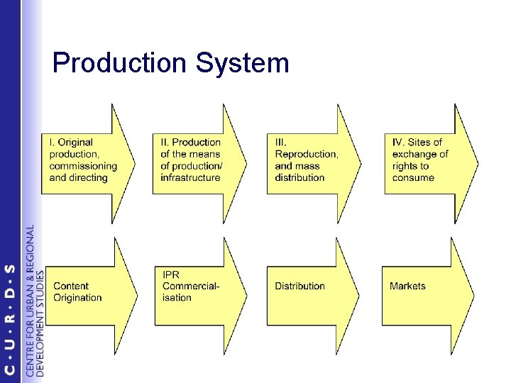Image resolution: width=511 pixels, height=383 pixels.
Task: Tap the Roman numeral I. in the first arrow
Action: click(x=52, y=143)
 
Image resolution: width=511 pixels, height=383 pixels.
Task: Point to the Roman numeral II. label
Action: click(x=165, y=143)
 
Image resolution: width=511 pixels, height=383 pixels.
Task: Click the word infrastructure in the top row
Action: click(x=191, y=177)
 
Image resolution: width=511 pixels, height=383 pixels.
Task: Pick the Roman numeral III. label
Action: click(x=281, y=143)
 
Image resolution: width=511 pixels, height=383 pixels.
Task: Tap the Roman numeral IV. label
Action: click(x=400, y=143)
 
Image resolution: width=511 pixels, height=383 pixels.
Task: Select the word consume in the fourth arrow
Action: click(x=413, y=177)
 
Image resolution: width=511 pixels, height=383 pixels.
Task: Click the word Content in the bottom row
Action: click(x=71, y=286)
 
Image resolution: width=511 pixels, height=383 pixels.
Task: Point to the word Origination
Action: click(x=77, y=298)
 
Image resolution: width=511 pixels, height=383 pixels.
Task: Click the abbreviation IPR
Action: click(x=171, y=274)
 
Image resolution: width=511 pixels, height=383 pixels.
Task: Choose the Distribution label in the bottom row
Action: click(x=300, y=286)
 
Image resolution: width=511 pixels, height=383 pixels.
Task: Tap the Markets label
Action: click(x=407, y=286)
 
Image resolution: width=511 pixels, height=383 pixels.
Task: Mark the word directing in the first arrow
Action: click(x=89, y=177)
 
